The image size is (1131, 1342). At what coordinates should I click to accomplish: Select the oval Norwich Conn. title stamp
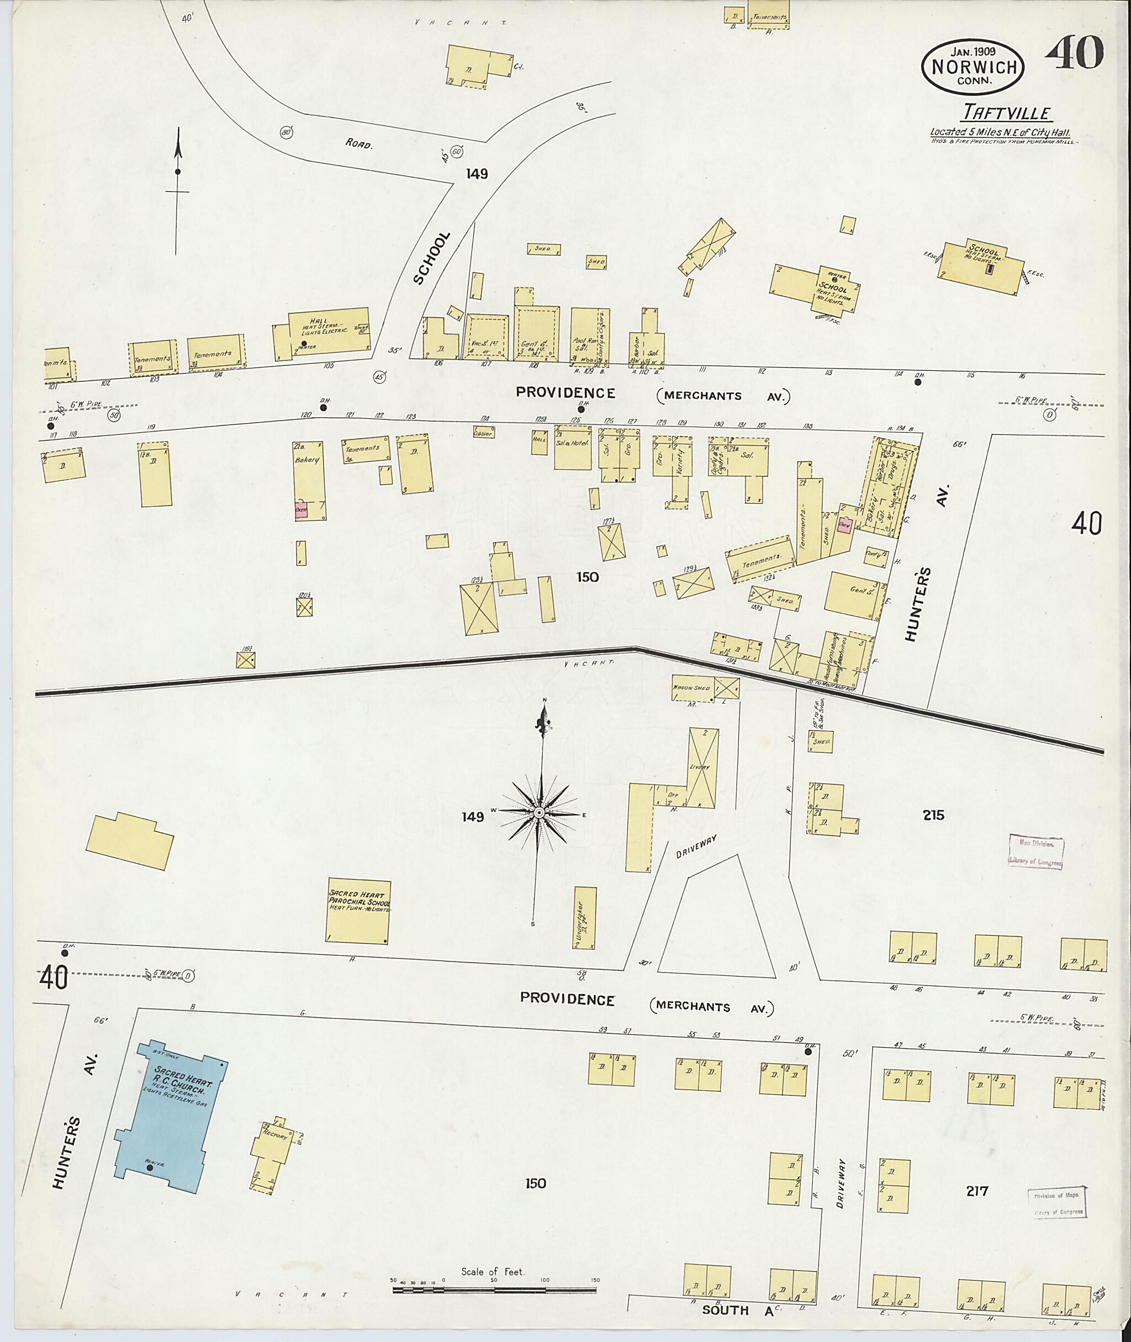pyautogui.click(x=973, y=67)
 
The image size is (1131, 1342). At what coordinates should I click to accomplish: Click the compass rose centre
pyautogui.click(x=539, y=813)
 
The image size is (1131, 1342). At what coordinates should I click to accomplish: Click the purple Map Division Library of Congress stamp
pyautogui.click(x=1035, y=852)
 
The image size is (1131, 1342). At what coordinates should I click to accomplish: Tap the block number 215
pyautogui.click(x=933, y=815)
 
